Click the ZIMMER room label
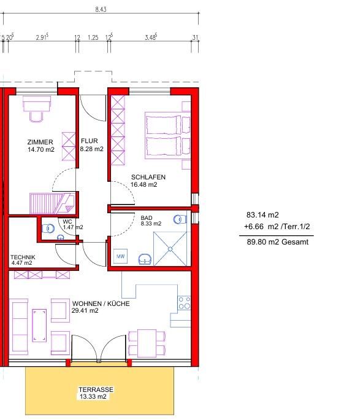click(40, 142)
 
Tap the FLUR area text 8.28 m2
click(92, 149)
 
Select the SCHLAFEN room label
click(148, 177)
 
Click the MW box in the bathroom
click(121, 257)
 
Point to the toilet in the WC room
click(48, 229)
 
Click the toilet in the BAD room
click(180, 219)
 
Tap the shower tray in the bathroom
click(170, 249)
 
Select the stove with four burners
click(185, 303)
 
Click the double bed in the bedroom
click(168, 136)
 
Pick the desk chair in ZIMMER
click(36, 117)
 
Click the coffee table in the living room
click(39, 326)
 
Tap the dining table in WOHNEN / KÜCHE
click(147, 343)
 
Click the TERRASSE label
click(96, 390)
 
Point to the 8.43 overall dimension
click(101, 9)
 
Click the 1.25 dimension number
click(93, 37)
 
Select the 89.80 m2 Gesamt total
click(278, 242)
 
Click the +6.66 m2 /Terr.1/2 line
click(277, 227)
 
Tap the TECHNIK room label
click(23, 257)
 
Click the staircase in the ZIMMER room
click(52, 203)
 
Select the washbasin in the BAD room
click(145, 259)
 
